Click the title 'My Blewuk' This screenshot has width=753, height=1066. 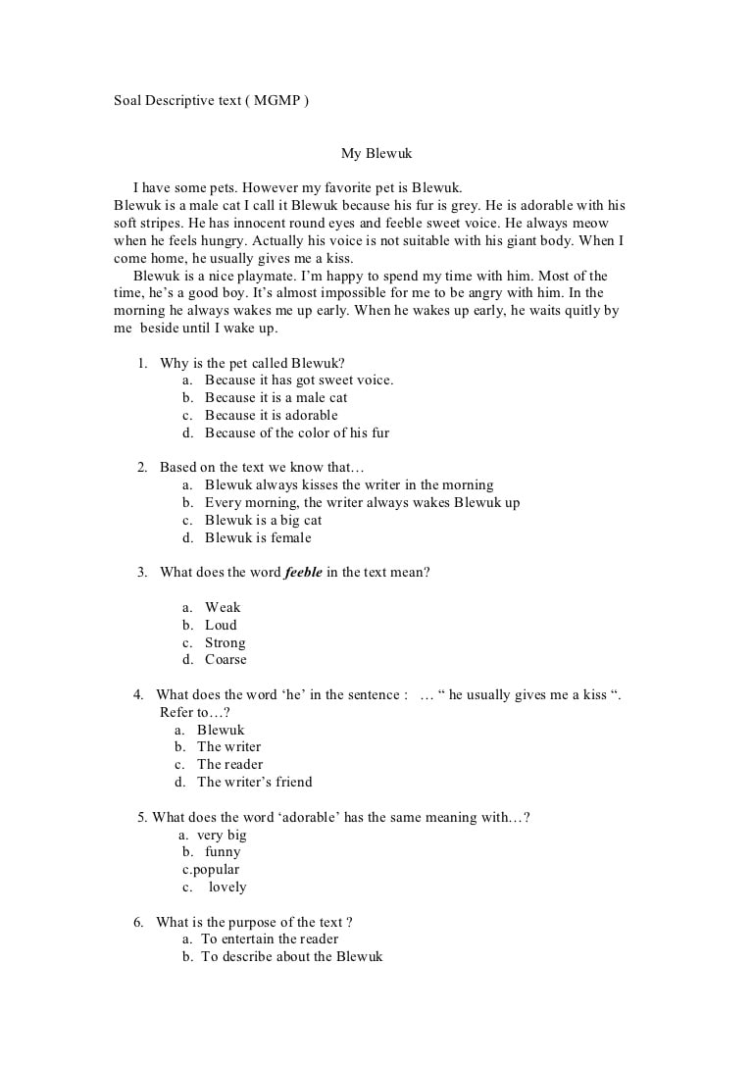click(376, 153)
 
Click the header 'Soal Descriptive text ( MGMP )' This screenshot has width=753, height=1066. click(211, 101)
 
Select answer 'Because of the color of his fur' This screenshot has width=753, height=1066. click(297, 432)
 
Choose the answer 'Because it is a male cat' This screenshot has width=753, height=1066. click(276, 397)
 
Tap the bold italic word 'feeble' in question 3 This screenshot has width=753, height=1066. click(303, 572)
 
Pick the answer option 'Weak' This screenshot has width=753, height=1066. click(223, 607)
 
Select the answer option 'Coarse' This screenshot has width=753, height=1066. click(226, 660)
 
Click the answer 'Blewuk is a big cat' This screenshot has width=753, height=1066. click(263, 520)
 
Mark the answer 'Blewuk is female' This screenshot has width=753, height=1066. click(258, 537)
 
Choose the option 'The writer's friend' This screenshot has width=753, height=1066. click(255, 782)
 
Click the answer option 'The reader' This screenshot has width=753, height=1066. click(229, 764)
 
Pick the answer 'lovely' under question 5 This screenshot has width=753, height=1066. click(227, 888)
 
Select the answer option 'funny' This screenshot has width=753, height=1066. click(223, 852)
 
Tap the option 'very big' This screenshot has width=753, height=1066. click(222, 836)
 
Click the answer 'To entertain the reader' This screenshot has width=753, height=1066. click(270, 939)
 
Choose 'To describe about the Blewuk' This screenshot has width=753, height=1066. click(291, 956)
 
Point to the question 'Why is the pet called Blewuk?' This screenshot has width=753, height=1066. click(252, 363)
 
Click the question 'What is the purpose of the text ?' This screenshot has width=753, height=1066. click(254, 922)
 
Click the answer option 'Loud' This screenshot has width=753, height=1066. click(221, 625)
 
